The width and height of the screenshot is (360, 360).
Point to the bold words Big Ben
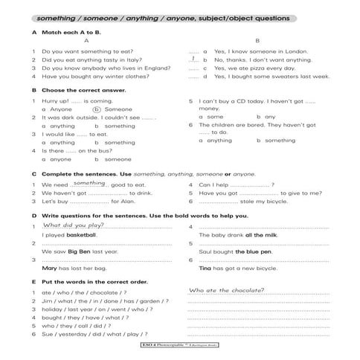pos(79,251)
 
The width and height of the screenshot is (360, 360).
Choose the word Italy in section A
pos(117,60)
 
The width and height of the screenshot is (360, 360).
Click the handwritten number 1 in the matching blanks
pos(193,58)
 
